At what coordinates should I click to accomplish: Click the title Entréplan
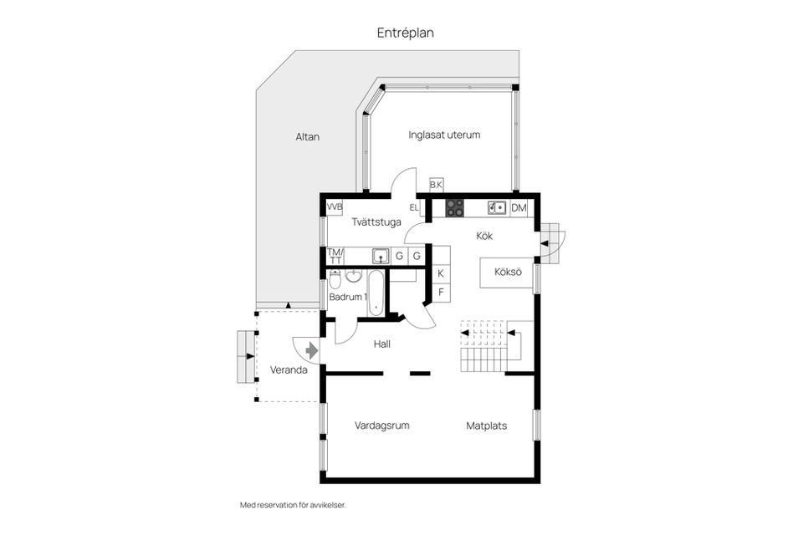pyautogui.click(x=405, y=33)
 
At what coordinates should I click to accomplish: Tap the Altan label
pyautogui.click(x=307, y=137)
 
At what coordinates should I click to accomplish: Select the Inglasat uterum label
pyautogui.click(x=444, y=135)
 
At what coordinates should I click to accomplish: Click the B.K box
pyautogui.click(x=436, y=185)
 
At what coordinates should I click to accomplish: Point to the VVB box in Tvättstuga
pyautogui.click(x=335, y=206)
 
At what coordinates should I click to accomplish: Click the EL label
pyautogui.click(x=414, y=207)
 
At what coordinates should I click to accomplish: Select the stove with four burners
pyautogui.click(x=454, y=208)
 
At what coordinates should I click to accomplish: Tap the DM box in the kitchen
pyautogui.click(x=519, y=208)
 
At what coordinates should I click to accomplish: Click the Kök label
pyautogui.click(x=484, y=236)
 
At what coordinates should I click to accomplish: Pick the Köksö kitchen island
pyautogui.click(x=507, y=273)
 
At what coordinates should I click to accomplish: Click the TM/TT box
pyautogui.click(x=335, y=256)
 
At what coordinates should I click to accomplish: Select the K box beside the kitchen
pyautogui.click(x=441, y=273)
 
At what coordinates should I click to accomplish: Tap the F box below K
pyautogui.click(x=441, y=292)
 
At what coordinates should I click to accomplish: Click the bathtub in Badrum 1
pyautogui.click(x=377, y=293)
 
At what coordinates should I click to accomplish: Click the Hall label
pyautogui.click(x=382, y=344)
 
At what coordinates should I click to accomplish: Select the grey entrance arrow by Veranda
pyautogui.click(x=311, y=350)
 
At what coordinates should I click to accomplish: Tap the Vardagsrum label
pyautogui.click(x=381, y=425)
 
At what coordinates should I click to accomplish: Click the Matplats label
pyautogui.click(x=486, y=425)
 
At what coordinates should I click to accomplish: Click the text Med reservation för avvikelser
pyautogui.click(x=292, y=505)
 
